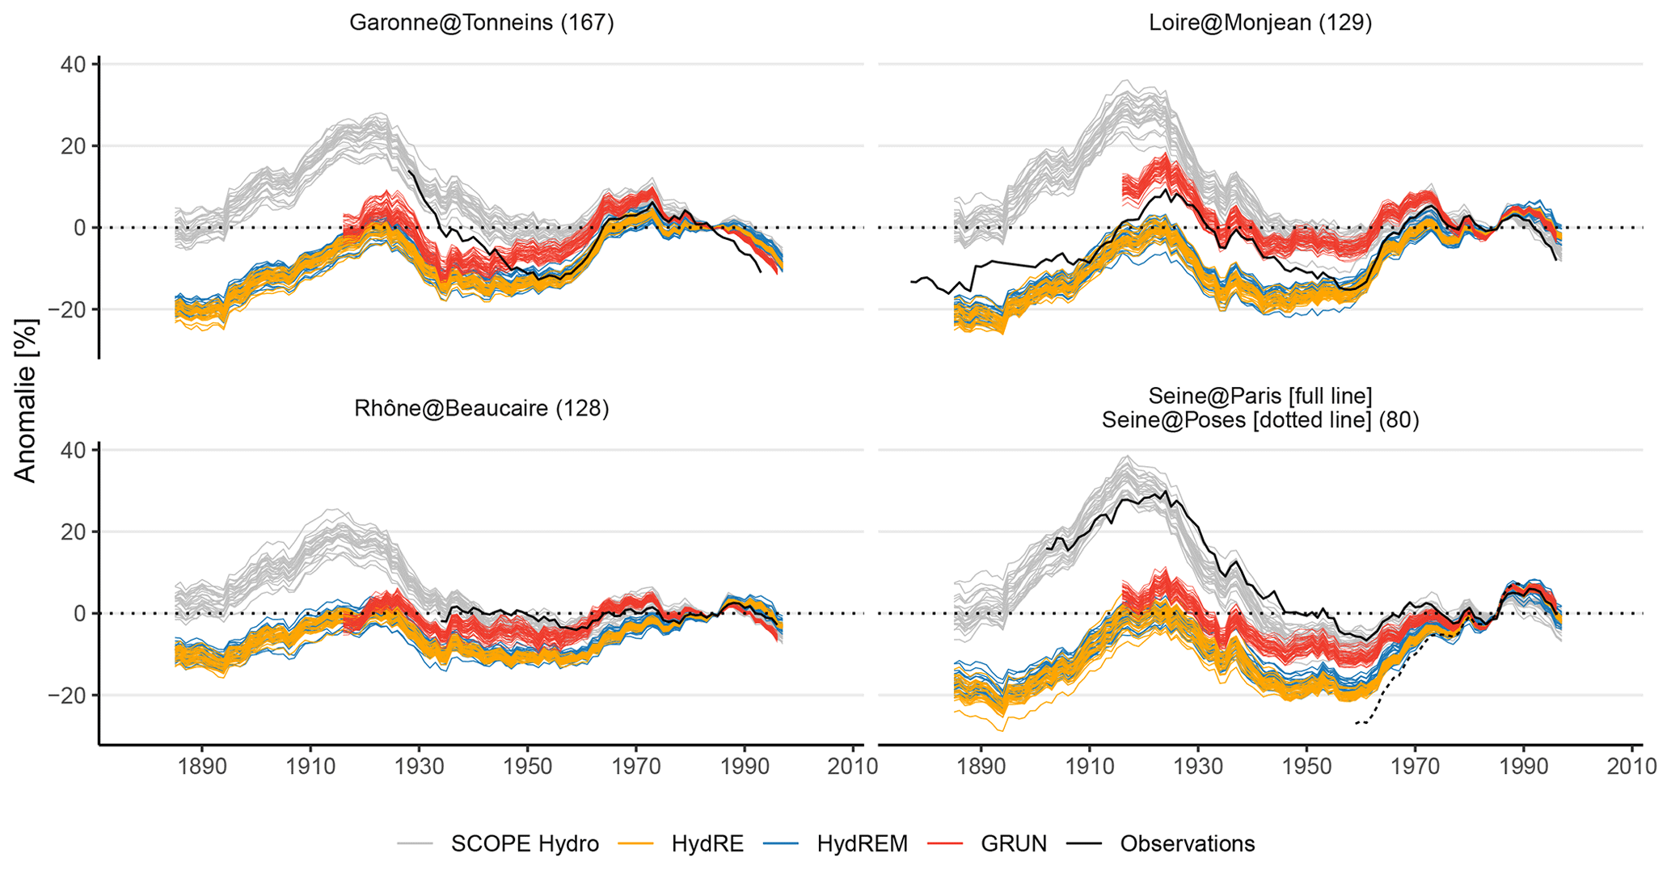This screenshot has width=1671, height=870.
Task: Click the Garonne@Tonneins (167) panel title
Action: [481, 23]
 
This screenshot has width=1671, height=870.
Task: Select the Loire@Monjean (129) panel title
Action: [1260, 23]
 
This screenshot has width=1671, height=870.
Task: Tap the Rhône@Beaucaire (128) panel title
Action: [481, 409]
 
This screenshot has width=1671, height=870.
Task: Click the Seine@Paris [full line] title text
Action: [1260, 396]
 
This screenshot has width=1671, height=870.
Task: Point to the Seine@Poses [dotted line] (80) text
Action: [1260, 420]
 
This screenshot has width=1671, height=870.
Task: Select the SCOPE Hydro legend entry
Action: [525, 844]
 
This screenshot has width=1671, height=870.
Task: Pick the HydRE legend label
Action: [707, 844]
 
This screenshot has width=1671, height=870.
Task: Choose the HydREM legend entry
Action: [862, 844]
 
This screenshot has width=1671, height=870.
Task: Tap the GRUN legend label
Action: [1014, 844]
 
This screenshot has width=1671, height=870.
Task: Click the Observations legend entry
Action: [1187, 844]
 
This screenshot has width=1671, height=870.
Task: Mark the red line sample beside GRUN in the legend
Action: [947, 844]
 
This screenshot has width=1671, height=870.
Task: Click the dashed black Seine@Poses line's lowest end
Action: [1356, 723]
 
